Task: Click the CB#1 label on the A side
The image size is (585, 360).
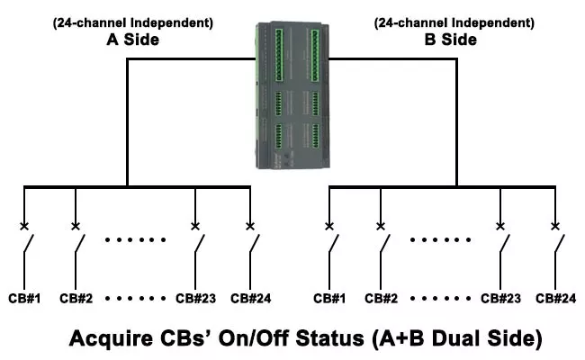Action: click(x=25, y=298)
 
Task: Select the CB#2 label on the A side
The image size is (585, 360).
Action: click(x=77, y=298)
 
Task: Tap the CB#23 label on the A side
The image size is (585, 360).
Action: click(x=195, y=298)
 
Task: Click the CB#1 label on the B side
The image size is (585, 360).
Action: click(x=330, y=298)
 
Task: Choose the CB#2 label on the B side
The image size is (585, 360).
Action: click(x=382, y=298)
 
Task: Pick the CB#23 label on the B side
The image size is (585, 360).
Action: click(x=501, y=298)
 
